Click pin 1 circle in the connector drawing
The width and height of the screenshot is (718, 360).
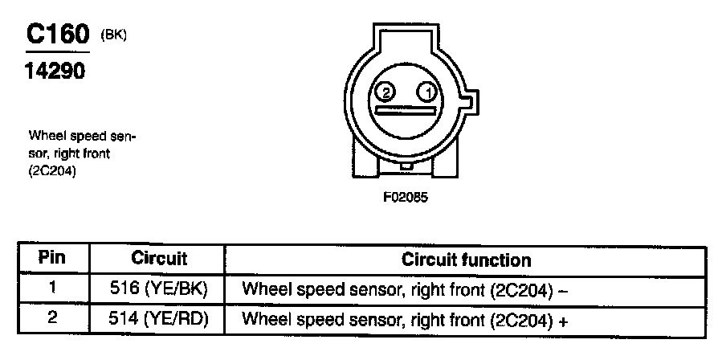click(428, 92)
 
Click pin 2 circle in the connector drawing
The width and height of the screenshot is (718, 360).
click(385, 92)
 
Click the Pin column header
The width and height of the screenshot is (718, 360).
click(51, 259)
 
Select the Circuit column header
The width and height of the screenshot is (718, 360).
click(159, 260)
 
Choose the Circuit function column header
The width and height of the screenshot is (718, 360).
click(466, 260)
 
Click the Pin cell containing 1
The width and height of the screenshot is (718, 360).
click(51, 288)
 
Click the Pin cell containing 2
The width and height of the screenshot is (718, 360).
click(51, 317)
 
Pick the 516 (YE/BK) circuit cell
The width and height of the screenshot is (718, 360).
click(159, 288)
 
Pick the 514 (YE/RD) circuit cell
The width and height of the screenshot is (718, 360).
click(159, 318)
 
